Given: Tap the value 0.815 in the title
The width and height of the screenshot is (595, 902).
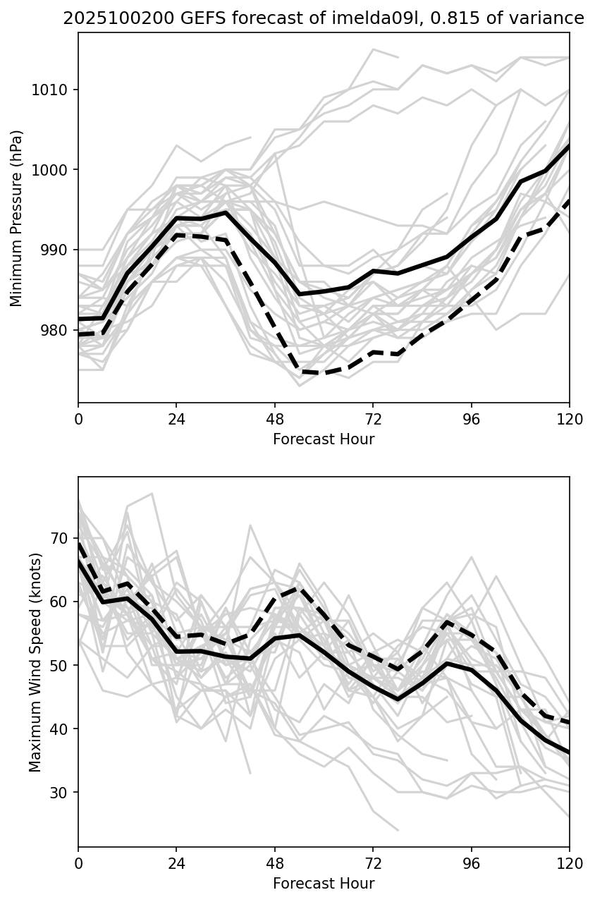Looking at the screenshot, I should point(425,19).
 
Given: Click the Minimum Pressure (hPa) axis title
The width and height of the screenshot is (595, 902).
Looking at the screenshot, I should point(17,218).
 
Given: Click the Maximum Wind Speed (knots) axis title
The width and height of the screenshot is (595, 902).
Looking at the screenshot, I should point(35,662).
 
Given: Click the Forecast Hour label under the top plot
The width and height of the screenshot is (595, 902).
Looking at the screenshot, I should point(324,439).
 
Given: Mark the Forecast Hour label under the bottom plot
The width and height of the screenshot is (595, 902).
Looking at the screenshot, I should point(324,884).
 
